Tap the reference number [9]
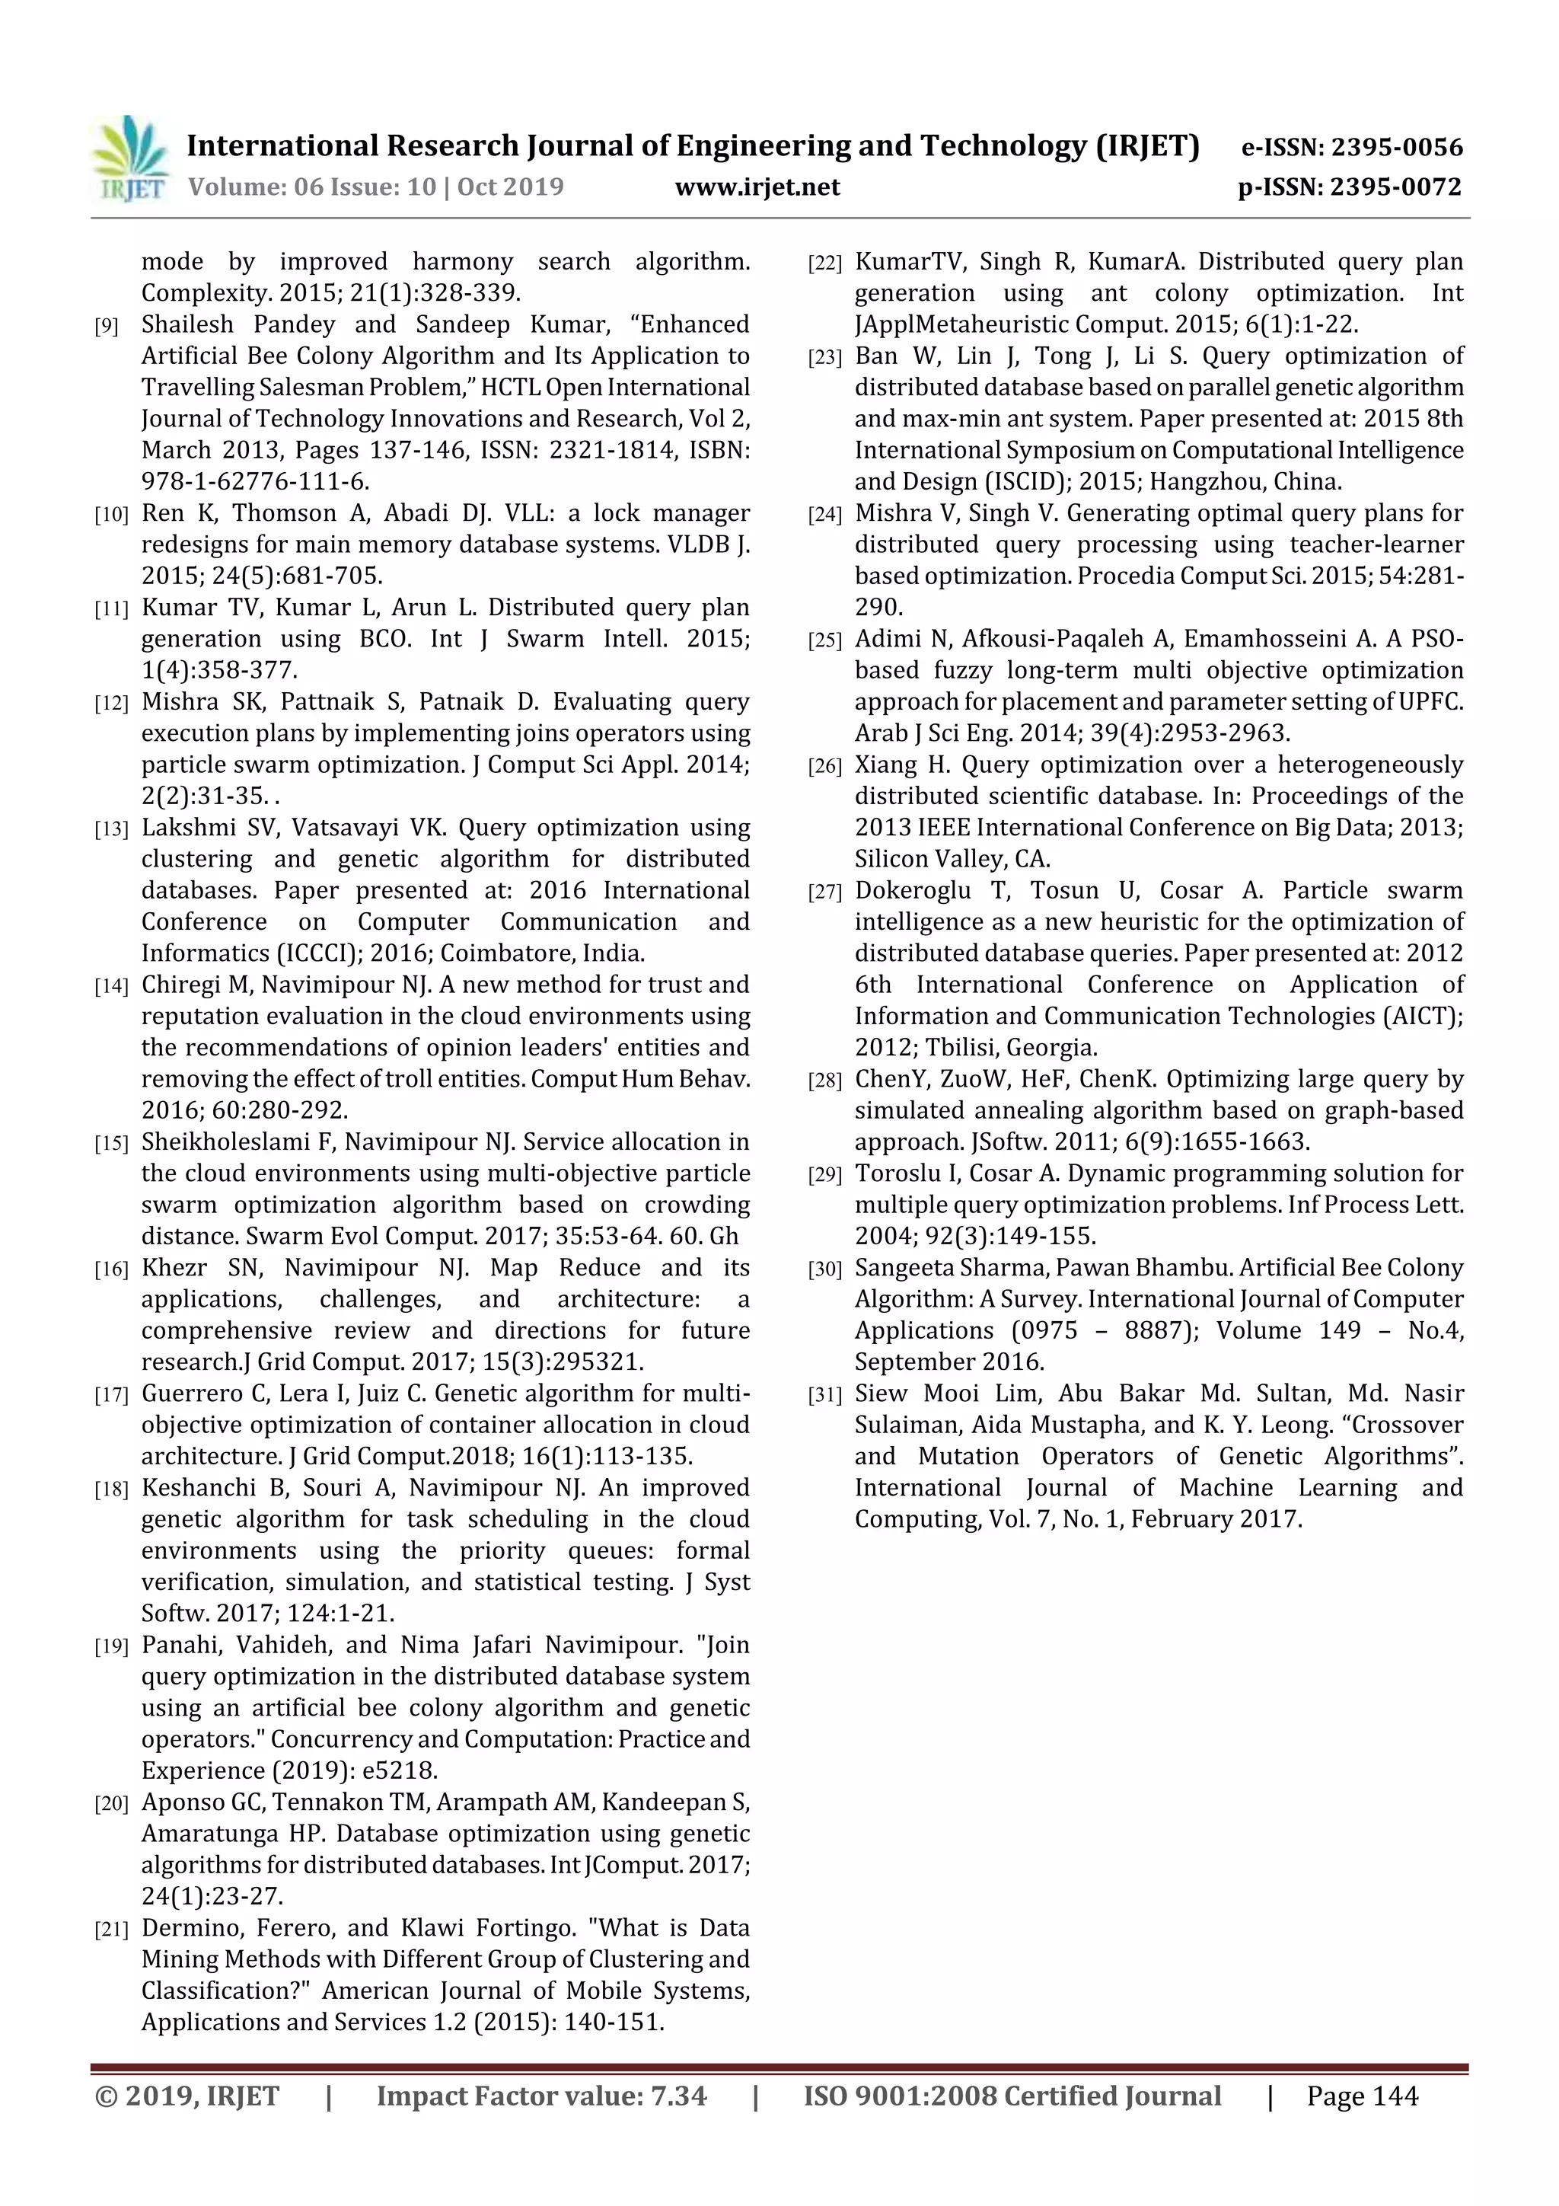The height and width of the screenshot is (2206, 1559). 106,327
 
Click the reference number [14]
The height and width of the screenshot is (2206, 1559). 110,987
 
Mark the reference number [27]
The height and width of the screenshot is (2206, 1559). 824,892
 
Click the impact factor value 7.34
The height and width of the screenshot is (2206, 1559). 677,2096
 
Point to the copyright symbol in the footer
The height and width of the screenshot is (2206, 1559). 106,2096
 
